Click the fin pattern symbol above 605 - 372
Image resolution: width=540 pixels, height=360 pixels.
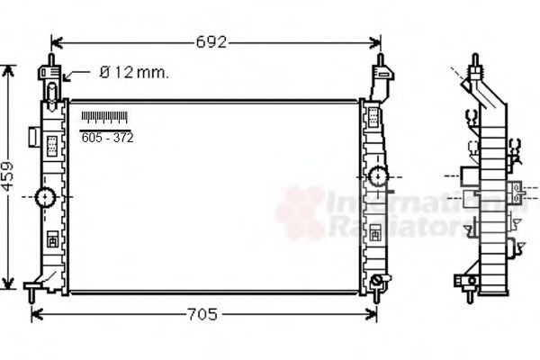coord(104,117)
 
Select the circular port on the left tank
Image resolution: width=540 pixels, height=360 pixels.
coord(46,197)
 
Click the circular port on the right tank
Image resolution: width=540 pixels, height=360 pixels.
coord(378,175)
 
